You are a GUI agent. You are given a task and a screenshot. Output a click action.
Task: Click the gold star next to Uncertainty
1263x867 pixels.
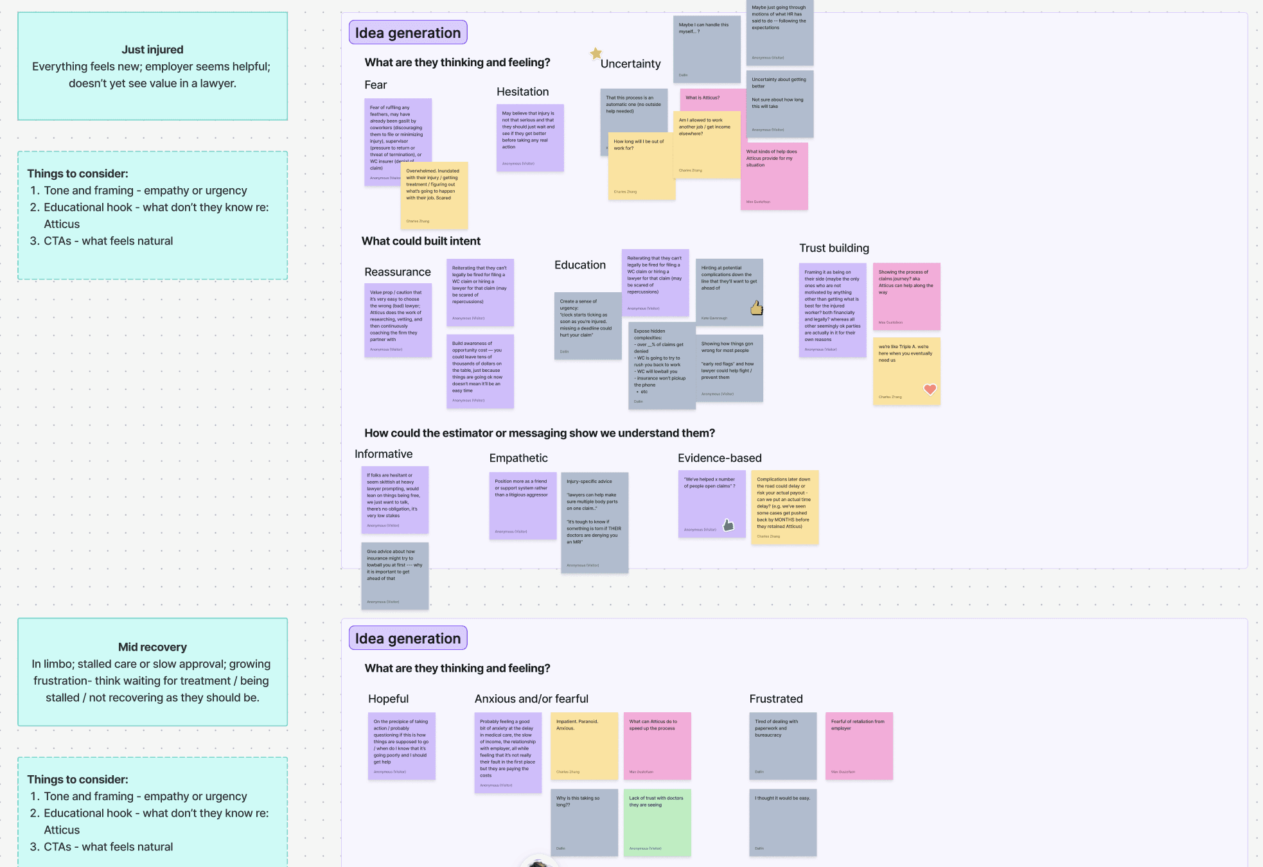tap(596, 53)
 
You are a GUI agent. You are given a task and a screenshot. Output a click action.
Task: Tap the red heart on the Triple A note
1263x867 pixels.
tap(930, 389)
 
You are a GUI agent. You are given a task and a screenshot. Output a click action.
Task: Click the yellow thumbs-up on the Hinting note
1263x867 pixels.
tap(757, 308)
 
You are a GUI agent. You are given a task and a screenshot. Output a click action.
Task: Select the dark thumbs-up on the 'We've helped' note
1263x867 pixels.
tap(729, 525)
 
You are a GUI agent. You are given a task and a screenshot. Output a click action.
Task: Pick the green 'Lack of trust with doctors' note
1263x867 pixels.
tap(657, 822)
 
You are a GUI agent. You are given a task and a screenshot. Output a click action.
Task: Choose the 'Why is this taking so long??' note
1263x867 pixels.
tap(584, 822)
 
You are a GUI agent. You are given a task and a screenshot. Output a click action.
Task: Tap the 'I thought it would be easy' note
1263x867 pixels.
tap(782, 822)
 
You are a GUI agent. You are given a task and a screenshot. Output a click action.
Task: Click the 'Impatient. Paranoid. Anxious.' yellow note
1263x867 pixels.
tap(584, 746)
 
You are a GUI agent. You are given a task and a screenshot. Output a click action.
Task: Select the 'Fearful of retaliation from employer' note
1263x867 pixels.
tap(859, 746)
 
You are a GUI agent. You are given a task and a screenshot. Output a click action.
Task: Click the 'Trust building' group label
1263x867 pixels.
tap(834, 249)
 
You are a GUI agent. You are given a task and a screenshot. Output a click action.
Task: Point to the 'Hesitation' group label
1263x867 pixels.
tap(522, 92)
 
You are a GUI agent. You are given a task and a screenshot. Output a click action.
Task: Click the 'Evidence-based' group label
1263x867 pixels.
tap(720, 458)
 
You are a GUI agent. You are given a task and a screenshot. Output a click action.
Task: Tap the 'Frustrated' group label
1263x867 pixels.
tap(776, 699)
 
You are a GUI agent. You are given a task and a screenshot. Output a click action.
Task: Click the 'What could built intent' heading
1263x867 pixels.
tap(421, 241)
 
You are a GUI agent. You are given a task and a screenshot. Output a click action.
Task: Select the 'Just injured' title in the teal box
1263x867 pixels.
tap(152, 49)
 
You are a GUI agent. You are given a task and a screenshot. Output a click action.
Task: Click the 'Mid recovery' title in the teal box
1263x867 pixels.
tap(152, 647)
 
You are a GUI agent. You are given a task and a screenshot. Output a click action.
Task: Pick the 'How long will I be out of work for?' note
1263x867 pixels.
tap(641, 166)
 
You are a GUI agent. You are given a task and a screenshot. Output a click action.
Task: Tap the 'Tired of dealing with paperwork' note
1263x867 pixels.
tap(782, 746)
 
